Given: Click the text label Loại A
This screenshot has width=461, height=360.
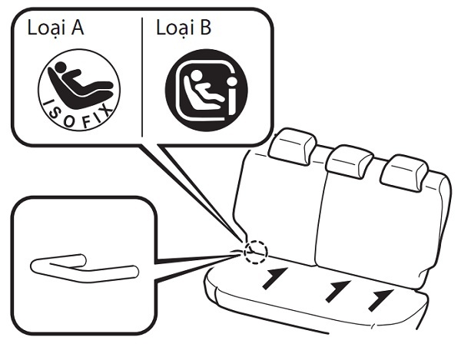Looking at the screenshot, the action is pos(55,28).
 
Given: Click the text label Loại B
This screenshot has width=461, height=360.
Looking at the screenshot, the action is pos(184,28).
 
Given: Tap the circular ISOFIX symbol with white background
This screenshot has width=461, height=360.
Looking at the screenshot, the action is pos(79,90).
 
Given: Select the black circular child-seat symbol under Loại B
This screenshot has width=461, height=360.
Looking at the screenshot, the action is pos(207,90).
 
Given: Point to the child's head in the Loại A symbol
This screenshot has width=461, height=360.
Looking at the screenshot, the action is pos(61,68).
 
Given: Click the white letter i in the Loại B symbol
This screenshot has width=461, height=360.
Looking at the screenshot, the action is pos(232,96).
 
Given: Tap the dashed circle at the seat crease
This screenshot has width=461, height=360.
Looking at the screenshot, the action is pos(256,252).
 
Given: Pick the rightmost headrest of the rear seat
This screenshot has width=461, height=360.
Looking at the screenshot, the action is pos(404,173).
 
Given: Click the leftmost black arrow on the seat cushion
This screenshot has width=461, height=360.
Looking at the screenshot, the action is pos(274,279).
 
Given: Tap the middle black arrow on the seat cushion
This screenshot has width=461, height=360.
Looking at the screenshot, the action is pos(338,291).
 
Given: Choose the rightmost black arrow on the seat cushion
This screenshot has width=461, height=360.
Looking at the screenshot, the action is pos(381,300).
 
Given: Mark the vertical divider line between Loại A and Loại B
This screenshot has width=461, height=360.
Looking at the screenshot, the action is pos(142,78).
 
